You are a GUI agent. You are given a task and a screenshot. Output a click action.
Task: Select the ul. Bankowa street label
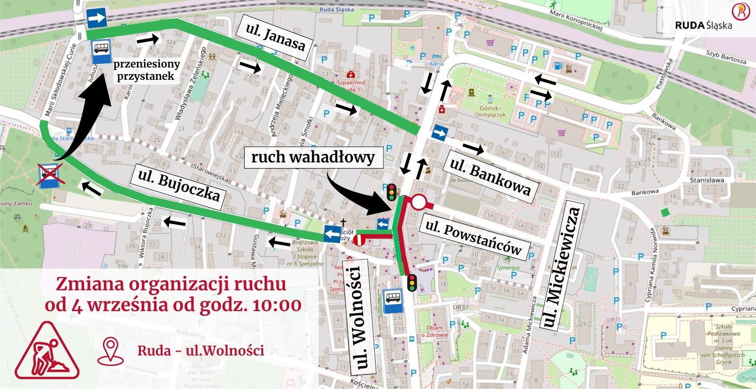coord(490,177)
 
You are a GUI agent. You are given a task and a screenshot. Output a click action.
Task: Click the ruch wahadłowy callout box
coord(313,157)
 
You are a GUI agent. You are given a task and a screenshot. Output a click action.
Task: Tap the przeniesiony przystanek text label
coord(146,70)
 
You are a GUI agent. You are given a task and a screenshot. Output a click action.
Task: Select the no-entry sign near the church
coord(359,241)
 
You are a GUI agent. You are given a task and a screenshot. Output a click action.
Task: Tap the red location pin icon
coord(111,350)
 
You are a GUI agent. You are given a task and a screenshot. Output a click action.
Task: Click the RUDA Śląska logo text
coord(704,25)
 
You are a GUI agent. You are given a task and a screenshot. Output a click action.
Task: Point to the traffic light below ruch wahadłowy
coord(391,192)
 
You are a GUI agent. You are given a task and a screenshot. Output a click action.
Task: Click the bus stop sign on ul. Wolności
coord(392,301)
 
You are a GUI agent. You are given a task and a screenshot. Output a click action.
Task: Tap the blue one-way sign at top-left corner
coord(96,18)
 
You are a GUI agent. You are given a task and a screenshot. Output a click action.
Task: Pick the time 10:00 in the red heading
coord(277,305)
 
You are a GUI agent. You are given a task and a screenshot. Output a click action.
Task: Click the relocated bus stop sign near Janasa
coord(101,51)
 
